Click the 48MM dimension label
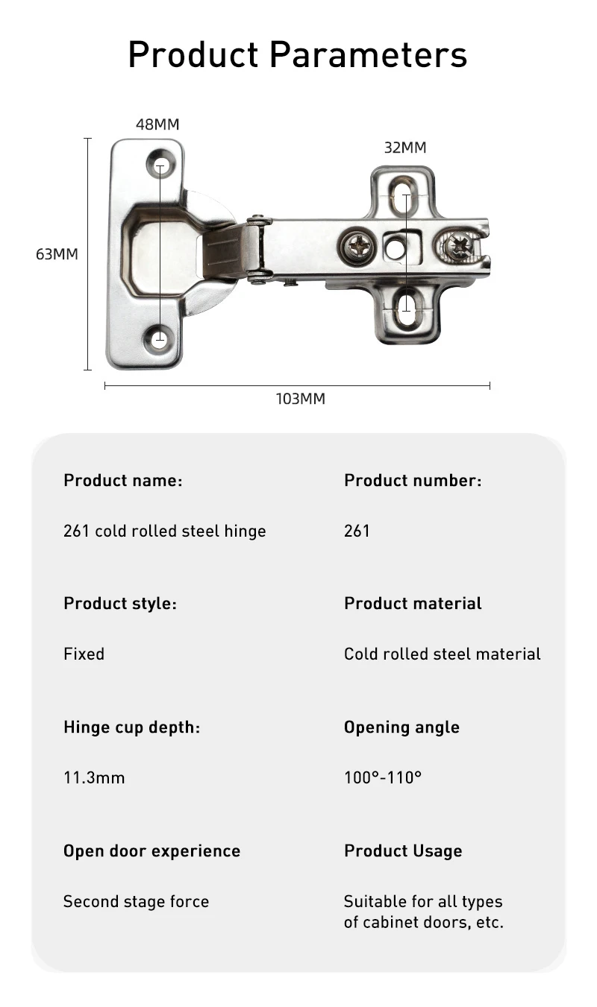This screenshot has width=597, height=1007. [x=157, y=124]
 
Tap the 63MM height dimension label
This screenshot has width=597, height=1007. [x=57, y=254]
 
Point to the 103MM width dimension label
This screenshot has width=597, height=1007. [x=301, y=399]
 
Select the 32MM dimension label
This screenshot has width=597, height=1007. [x=405, y=148]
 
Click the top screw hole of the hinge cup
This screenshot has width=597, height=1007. [x=160, y=163]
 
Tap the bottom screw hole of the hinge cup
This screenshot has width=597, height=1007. [x=160, y=340]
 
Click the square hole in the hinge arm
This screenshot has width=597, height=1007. [x=395, y=247]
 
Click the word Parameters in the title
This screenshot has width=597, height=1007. [x=368, y=54]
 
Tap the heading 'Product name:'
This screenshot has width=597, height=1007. [x=123, y=481]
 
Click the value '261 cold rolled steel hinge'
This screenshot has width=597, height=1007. [x=164, y=531]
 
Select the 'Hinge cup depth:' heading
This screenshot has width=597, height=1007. [x=132, y=727]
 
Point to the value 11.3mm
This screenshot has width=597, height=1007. [x=94, y=778]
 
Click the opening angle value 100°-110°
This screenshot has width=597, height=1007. [x=383, y=778]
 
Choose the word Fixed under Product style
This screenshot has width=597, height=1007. [x=84, y=654]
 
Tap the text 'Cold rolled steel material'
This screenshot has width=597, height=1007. [x=443, y=654]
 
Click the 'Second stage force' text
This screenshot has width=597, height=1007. [x=136, y=902]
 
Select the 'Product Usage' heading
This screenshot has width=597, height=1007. [x=403, y=851]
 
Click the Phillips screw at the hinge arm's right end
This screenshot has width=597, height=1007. [x=457, y=245]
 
